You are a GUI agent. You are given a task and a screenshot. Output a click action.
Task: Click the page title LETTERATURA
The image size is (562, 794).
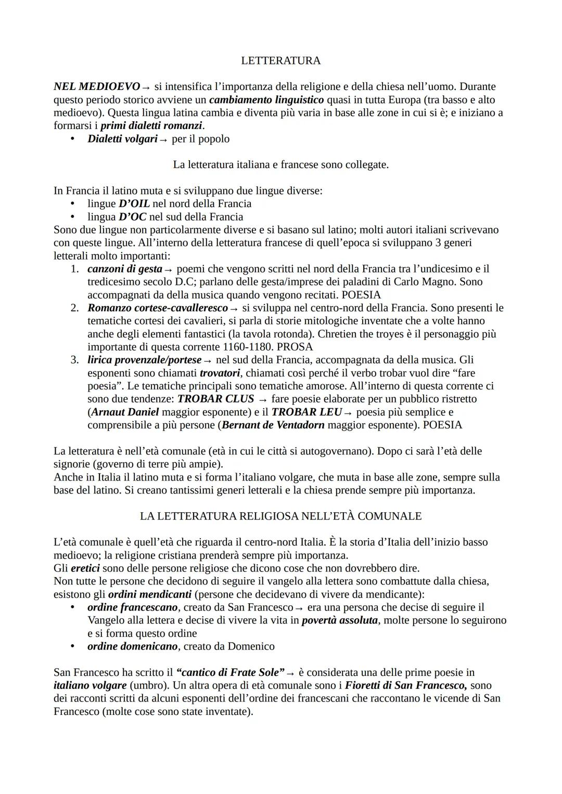coord(280,61)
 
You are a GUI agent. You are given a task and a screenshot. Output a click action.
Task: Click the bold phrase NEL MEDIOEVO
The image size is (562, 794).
coord(97,86)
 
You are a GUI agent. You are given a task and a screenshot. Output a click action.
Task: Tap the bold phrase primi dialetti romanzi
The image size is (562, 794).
coord(151,125)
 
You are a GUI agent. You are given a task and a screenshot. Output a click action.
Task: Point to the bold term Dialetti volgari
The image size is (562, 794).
coord(122,139)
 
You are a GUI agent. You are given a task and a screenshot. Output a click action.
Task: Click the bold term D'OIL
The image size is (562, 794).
coord(134,204)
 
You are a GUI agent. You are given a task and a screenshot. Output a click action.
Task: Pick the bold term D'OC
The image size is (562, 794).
coord(132,217)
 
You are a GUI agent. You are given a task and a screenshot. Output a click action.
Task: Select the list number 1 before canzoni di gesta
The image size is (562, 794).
coord(75,269)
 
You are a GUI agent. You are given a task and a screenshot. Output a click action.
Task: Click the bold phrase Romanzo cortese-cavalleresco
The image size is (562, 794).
coord(158,308)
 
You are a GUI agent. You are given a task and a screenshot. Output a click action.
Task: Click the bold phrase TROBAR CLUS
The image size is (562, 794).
coord(215,399)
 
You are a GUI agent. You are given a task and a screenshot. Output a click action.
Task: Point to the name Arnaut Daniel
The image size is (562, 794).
coord(125,412)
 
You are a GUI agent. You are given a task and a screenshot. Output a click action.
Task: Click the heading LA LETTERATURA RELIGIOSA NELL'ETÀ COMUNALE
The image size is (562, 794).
coord(280,516)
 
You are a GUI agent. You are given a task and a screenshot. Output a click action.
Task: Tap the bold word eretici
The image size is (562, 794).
coord(85,568)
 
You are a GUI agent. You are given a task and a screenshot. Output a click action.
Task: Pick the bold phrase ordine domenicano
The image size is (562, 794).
coord(133,646)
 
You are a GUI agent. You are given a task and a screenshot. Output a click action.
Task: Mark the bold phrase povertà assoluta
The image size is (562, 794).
coord(340,620)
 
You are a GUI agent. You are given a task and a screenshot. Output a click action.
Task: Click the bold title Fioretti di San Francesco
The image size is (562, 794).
coord(406,685)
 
